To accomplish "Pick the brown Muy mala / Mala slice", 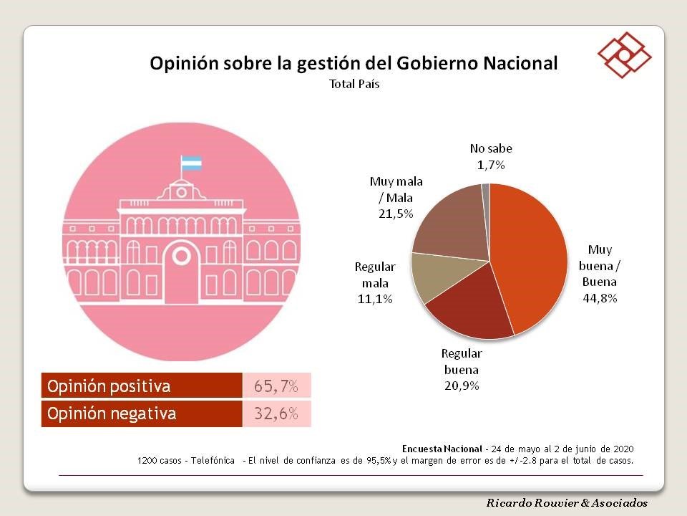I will [451, 222].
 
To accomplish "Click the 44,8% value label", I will [599, 297].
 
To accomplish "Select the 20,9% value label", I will [461, 386].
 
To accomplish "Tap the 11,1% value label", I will [375, 299].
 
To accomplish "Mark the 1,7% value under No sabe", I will [490, 165].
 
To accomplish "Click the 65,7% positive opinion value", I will [276, 386].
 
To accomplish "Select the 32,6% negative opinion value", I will [276, 414].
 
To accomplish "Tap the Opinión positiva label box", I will [142, 386].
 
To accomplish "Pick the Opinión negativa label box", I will [142, 414].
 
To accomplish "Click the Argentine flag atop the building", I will [191, 163].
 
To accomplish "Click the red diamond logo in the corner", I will [624, 54].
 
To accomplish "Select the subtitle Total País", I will [354, 84].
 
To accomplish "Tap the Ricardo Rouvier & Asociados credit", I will [567, 503].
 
